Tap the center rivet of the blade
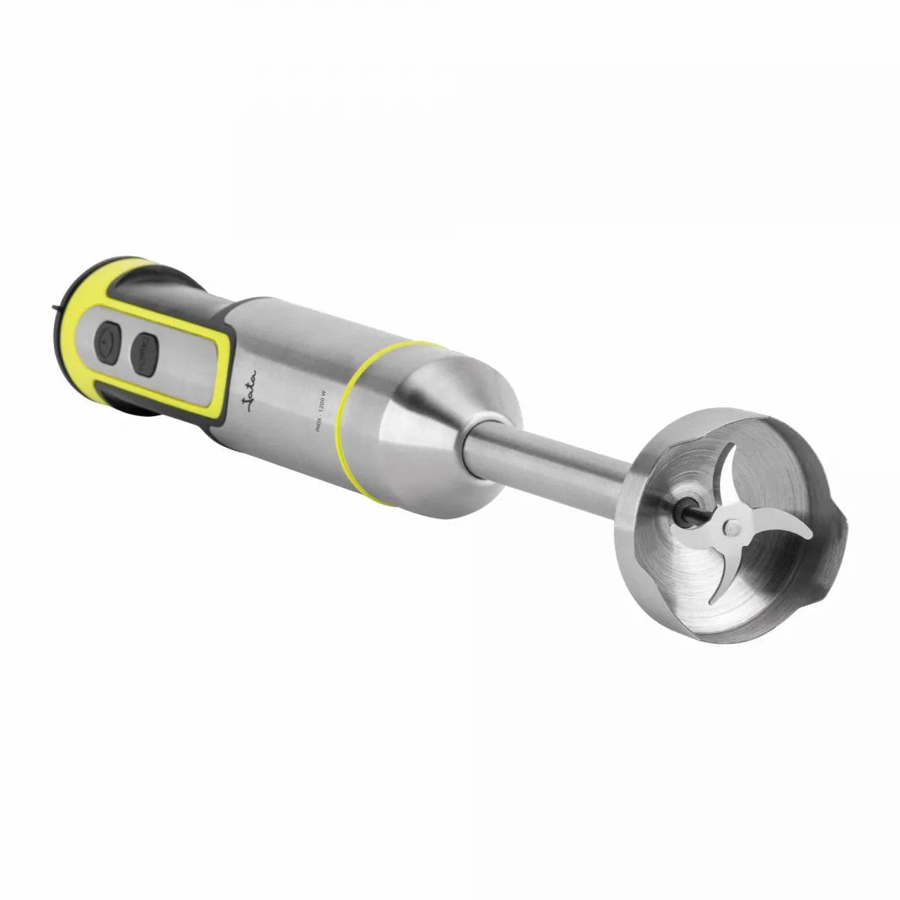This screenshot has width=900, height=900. pyautogui.click(x=727, y=529)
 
